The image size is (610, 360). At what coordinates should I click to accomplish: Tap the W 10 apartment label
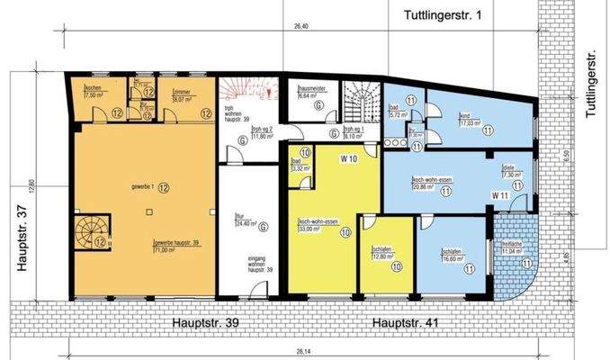click(349, 159)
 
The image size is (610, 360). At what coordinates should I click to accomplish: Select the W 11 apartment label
click(500, 195)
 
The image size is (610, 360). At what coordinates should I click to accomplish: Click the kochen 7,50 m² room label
click(92, 91)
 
